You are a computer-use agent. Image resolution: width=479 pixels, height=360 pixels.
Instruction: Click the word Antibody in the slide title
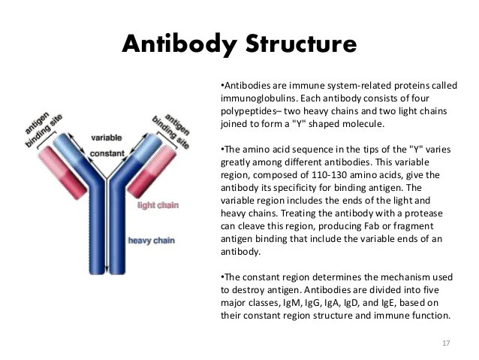pos(177,44)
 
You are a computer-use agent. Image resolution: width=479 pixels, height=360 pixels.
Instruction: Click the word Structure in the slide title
pos(297,44)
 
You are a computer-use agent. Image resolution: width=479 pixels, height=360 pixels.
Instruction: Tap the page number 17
pos(447,343)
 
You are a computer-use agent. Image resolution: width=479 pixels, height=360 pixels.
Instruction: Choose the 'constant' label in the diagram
pos(107,153)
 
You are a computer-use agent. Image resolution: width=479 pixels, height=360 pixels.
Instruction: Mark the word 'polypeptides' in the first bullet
pos(248,111)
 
